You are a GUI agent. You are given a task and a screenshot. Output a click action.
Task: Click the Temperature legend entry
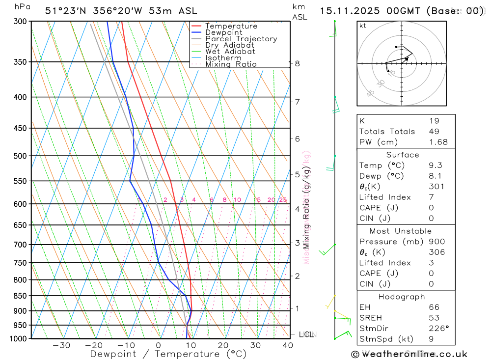pyautogui.click(x=231, y=26)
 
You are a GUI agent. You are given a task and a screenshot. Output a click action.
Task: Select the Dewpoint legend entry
pyautogui.click(x=224, y=32)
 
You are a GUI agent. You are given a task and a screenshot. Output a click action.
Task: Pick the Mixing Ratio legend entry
pyautogui.click(x=231, y=64)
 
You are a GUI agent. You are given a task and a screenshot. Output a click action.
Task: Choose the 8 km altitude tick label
pyautogui.click(x=297, y=63)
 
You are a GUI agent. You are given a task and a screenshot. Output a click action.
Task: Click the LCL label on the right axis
pyautogui.click(x=306, y=334)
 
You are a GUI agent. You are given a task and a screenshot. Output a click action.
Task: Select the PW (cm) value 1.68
pyautogui.click(x=438, y=142)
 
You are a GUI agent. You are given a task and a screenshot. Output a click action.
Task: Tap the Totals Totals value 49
pyautogui.click(x=434, y=131)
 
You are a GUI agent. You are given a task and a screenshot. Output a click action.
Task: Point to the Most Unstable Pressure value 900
pyautogui.click(x=436, y=242)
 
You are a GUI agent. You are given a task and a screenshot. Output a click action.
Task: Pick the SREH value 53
pyautogui.click(x=434, y=318)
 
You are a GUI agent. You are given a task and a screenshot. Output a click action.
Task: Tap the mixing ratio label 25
pyautogui.click(x=283, y=200)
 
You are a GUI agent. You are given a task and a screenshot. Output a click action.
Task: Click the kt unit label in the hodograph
pyautogui.click(x=363, y=26)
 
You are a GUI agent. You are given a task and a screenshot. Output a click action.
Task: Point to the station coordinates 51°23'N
pyautogui.click(x=68, y=11)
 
